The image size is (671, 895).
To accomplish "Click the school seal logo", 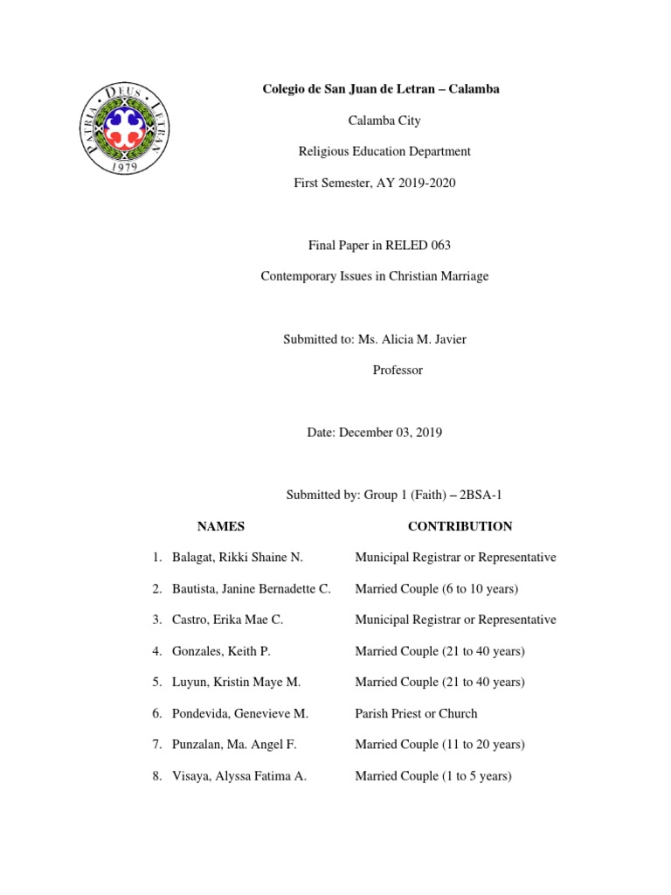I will (x=128, y=130).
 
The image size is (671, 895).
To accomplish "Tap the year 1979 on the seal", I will (x=128, y=168).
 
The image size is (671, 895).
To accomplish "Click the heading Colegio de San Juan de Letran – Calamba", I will (x=382, y=89).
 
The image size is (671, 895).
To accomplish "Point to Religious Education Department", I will (x=384, y=151).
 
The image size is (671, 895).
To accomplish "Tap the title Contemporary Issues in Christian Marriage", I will (x=375, y=276).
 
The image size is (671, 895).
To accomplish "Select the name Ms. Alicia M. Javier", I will (x=412, y=339).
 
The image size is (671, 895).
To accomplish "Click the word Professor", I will (x=398, y=370).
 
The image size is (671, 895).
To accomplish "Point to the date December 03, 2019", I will (x=391, y=433).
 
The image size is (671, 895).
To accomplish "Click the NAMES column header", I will (x=221, y=526).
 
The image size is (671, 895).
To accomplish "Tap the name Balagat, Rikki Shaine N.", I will (x=237, y=558).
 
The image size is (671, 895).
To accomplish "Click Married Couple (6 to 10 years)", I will (x=436, y=589).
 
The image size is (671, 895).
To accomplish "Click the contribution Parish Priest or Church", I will (x=416, y=713).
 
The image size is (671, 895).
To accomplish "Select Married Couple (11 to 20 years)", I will (x=439, y=745).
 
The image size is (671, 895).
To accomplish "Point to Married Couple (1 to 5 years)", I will (x=432, y=776).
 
